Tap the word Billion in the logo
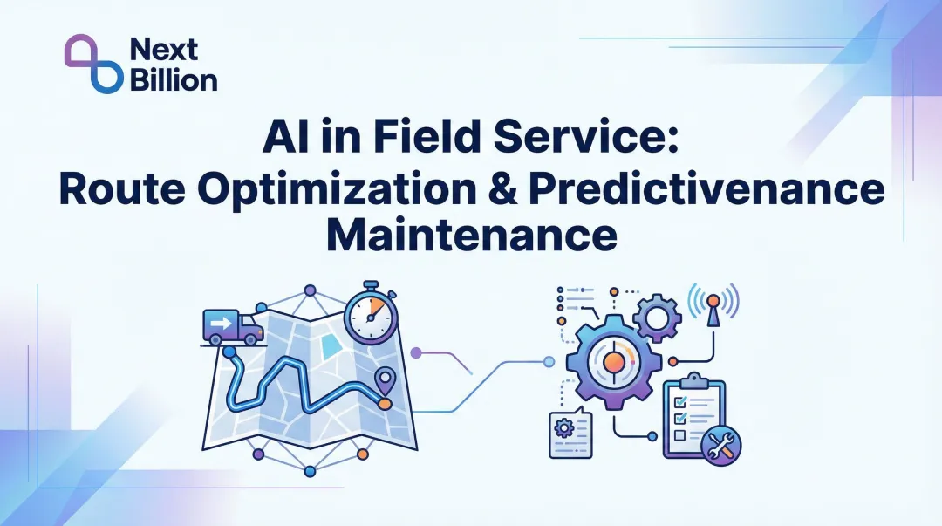(x=173, y=80)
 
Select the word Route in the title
(x=119, y=190)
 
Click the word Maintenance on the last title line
(x=471, y=235)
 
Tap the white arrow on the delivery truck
(x=219, y=324)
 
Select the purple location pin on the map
(x=384, y=381)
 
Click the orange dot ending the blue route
(x=384, y=403)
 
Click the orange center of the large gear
(x=613, y=360)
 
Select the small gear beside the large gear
(x=656, y=316)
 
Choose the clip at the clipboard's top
(x=694, y=380)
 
